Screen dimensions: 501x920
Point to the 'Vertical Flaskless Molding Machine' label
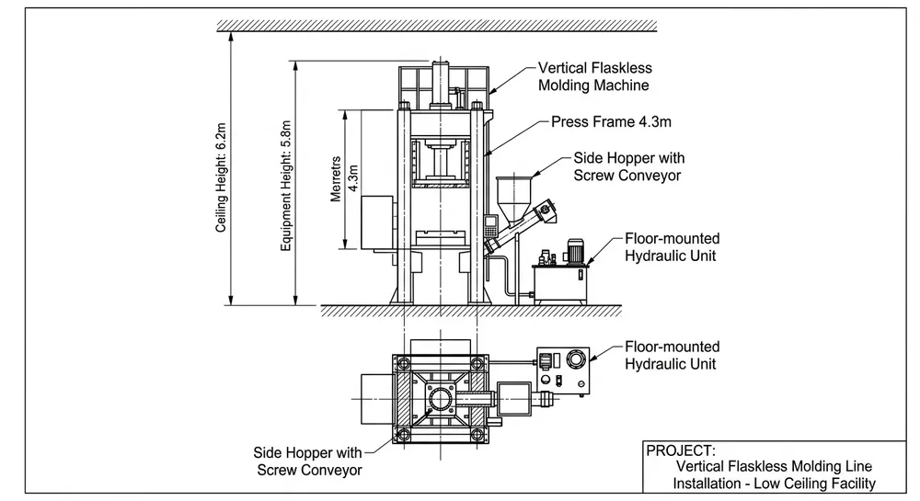point(593,77)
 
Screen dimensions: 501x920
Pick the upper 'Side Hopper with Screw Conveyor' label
point(627,166)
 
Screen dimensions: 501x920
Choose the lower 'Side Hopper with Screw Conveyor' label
point(308,461)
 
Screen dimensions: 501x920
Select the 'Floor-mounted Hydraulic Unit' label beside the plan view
point(673,355)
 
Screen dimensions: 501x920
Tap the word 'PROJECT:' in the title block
point(682,450)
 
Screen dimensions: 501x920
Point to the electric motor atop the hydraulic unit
point(575,250)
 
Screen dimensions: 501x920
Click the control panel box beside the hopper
point(493,222)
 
